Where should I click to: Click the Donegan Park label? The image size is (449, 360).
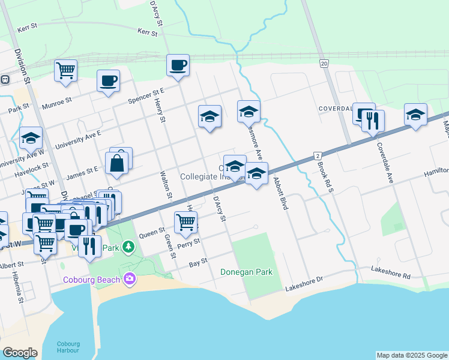[x=246, y=272]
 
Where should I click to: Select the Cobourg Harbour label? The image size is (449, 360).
[x=68, y=347]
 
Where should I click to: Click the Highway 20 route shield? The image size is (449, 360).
[x=324, y=64]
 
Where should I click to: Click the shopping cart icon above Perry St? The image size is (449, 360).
[x=185, y=221]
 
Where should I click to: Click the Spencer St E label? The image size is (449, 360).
[x=146, y=93]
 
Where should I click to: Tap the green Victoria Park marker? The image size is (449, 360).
[x=127, y=247]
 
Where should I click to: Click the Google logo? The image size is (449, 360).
[x=20, y=353]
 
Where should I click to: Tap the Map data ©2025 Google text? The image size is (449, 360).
[x=412, y=355]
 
